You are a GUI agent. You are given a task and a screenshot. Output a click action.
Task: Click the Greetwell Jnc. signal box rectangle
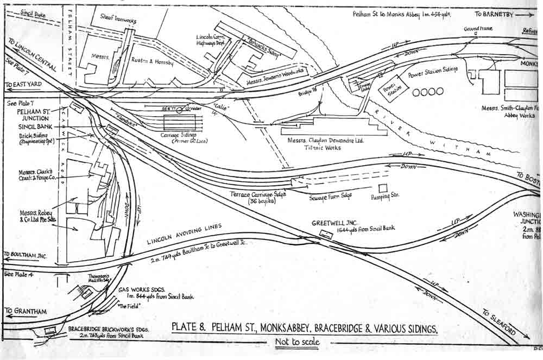[327, 233]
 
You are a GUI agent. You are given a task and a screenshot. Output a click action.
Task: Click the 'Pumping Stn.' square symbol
[383, 188]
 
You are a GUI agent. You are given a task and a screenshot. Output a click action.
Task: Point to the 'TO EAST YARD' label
[24, 85]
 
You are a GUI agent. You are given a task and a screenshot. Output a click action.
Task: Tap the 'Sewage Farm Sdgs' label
[331, 198]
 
